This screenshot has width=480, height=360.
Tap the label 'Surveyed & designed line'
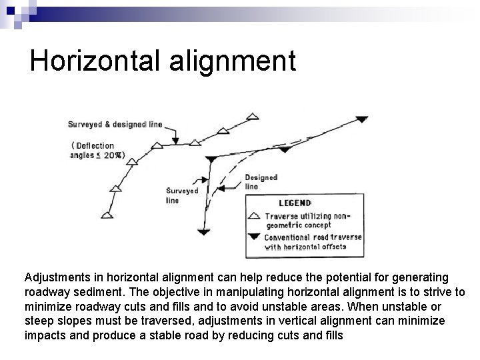(x=114, y=124)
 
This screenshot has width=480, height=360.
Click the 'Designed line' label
(x=261, y=182)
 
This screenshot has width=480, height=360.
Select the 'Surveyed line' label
(x=182, y=195)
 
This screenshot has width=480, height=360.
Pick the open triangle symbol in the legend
(x=254, y=216)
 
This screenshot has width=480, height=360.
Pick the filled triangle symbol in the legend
(x=254, y=236)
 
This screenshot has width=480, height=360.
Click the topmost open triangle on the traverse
(x=252, y=117)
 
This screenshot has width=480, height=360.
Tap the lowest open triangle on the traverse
(x=107, y=215)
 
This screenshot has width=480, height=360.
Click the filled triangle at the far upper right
(x=361, y=119)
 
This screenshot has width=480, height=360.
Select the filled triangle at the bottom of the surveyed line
(x=203, y=231)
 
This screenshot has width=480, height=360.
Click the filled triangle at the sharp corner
(x=211, y=159)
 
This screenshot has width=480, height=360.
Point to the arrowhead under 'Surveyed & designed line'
(x=175, y=140)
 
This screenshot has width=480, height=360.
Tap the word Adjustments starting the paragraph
(x=57, y=276)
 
